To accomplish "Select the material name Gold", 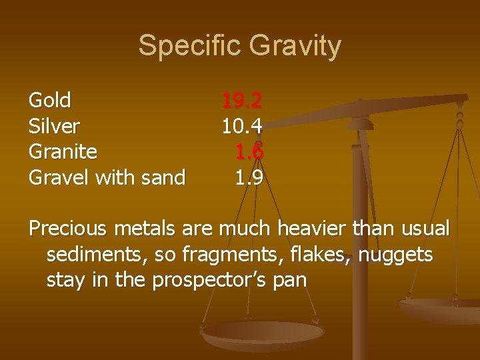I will click(x=50, y=101).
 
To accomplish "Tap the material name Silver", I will click(x=54, y=127).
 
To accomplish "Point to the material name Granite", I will click(x=63, y=152).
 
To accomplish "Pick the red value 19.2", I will click(x=242, y=101).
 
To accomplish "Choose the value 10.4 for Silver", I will click(x=242, y=127).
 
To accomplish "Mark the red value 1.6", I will click(x=249, y=152).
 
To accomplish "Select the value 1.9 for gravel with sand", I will click(x=249, y=178).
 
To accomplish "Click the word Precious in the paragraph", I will click(x=69, y=229).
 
